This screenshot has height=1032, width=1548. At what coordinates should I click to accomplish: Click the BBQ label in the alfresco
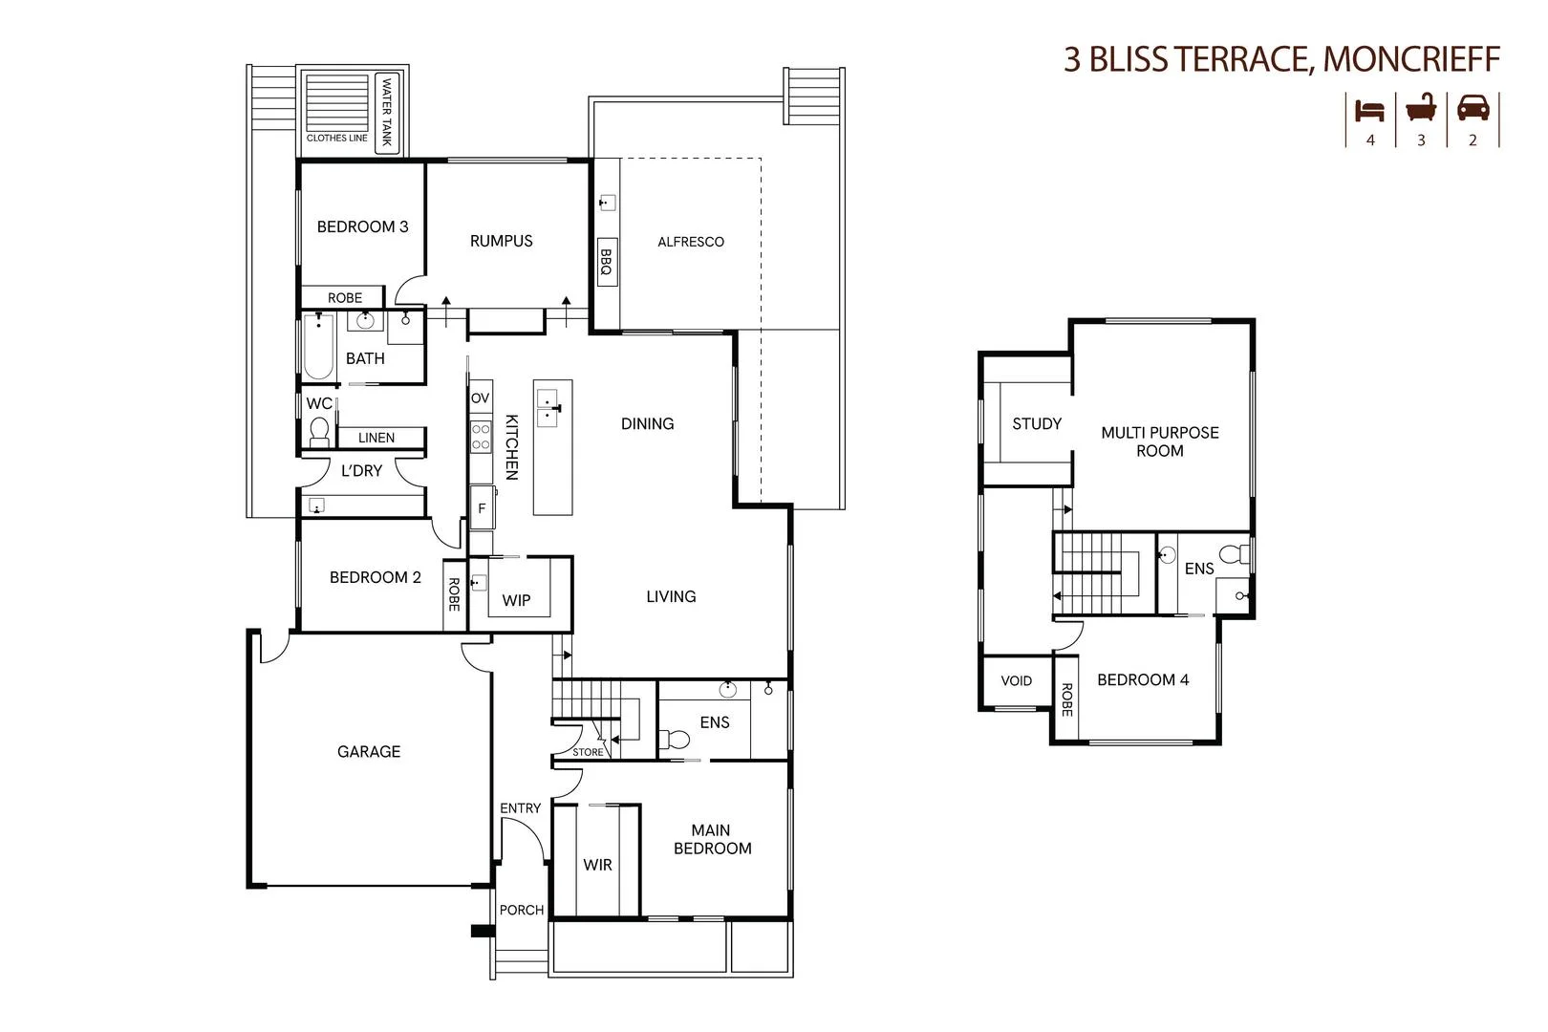pyautogui.click(x=606, y=263)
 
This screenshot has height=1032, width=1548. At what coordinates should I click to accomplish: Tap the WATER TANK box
pyautogui.click(x=387, y=112)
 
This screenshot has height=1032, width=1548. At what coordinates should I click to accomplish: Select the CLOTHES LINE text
pyautogui.click(x=336, y=138)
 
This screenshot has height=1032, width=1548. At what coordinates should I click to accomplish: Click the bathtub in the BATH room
pyautogui.click(x=318, y=349)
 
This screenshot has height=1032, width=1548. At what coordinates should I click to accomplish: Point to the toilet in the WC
pyautogui.click(x=319, y=433)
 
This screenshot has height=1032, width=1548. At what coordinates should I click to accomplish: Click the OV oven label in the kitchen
pyautogui.click(x=480, y=398)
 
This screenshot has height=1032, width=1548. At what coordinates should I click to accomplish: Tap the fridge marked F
pyautogui.click(x=482, y=508)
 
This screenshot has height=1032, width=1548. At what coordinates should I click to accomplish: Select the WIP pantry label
pyautogui.click(x=516, y=600)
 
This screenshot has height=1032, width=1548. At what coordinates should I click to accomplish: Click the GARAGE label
pyautogui.click(x=369, y=752)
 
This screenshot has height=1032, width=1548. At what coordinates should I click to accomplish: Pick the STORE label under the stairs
pyautogui.click(x=588, y=752)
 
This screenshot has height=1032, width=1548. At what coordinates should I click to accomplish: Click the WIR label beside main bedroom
pyautogui.click(x=597, y=865)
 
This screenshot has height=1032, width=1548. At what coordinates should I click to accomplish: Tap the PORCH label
pyautogui.click(x=522, y=910)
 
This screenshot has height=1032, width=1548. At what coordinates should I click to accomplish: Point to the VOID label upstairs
pyautogui.click(x=1016, y=681)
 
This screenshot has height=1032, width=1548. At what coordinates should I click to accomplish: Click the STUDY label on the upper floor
pyautogui.click(x=1037, y=423)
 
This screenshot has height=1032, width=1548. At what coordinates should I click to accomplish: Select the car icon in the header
pyautogui.click(x=1473, y=108)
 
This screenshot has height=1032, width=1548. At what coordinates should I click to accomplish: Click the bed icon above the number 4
pyautogui.click(x=1369, y=110)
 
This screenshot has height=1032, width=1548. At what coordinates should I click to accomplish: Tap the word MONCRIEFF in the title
pyautogui.click(x=1411, y=59)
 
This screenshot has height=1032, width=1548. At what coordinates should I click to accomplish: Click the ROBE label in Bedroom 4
pyautogui.click(x=1066, y=699)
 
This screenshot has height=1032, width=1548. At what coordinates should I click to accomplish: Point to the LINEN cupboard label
pyautogui.click(x=376, y=438)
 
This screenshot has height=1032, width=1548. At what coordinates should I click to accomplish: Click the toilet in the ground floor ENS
pyautogui.click(x=677, y=739)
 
